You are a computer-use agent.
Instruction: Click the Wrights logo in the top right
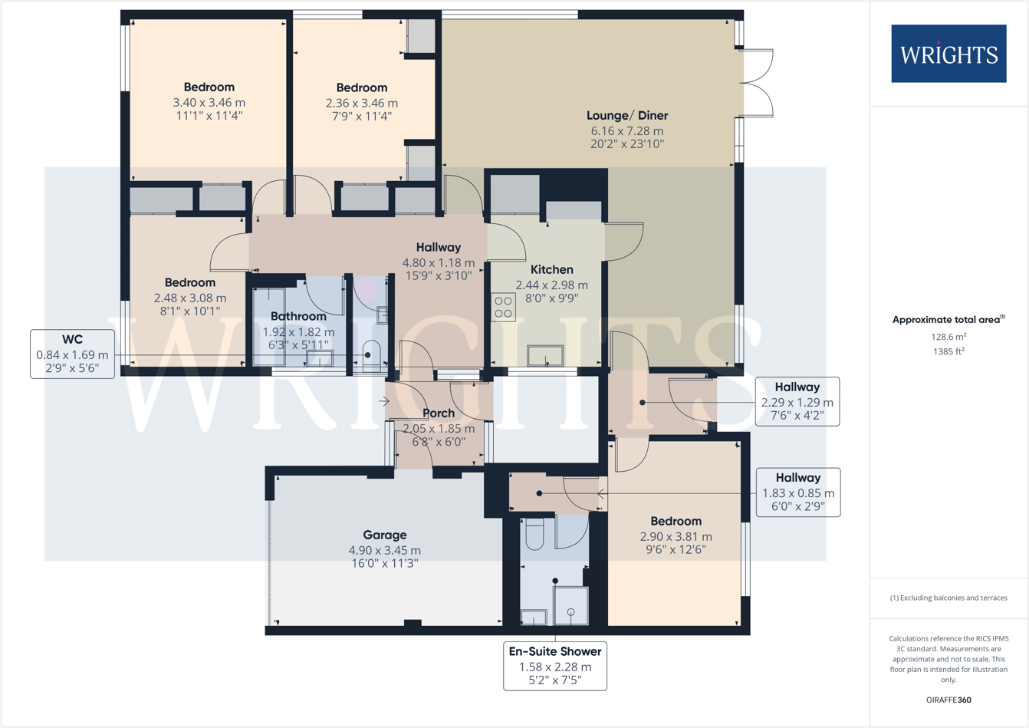coord(948,54)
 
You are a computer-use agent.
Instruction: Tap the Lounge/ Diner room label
coord(626,116)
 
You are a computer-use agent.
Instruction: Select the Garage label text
coord(384,535)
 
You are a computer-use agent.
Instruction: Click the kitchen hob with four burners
coord(504,308)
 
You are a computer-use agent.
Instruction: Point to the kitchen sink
coord(545,356)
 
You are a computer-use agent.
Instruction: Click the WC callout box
coord(73,354)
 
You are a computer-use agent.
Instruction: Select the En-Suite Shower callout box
coord(555,666)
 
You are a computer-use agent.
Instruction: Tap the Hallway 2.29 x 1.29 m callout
coord(797,401)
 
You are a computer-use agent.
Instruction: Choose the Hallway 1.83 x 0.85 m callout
coord(797,492)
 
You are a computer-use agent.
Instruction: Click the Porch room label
coord(439,413)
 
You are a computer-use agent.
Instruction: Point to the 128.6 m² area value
coord(948,337)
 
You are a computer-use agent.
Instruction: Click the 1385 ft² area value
coord(948,351)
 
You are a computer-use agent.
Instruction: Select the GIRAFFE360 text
coord(948,700)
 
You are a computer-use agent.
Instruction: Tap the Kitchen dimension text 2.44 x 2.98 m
coord(551,285)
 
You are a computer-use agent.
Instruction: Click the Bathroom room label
coord(298,316)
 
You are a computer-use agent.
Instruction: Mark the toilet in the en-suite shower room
coord(534,535)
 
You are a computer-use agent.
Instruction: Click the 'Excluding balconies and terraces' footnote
coord(948,598)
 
